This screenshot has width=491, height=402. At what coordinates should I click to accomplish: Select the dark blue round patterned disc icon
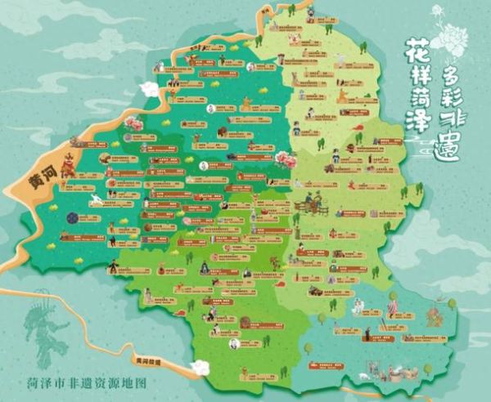[x=73, y=218]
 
